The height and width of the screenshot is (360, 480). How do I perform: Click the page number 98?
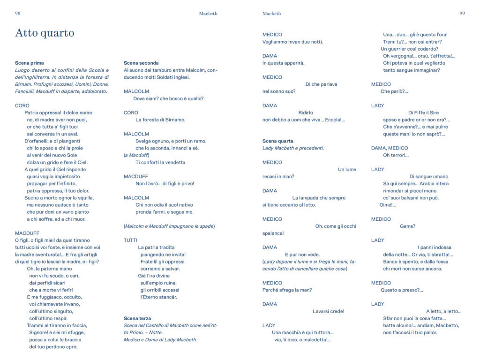18,14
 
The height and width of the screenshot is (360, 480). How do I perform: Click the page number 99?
462,14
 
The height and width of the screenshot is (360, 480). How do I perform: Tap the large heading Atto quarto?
45,33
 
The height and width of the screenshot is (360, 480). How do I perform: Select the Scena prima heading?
30,63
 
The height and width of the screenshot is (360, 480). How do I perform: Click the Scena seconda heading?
141,63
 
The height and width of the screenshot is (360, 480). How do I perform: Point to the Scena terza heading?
138,318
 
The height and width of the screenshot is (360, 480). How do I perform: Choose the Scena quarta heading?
278,141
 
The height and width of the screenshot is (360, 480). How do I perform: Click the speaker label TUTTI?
130,240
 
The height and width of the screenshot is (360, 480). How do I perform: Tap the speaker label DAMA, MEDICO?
390,148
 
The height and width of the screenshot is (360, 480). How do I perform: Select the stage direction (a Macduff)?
136,155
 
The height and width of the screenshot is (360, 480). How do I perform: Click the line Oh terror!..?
396,155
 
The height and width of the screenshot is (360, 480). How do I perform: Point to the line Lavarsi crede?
328,311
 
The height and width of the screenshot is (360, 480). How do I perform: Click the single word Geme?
407,226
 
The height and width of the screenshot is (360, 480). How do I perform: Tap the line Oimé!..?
388,205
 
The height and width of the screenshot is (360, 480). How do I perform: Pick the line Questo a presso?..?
402,290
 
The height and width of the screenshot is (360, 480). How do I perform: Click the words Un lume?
347,169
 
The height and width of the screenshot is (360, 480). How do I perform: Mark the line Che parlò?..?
394,91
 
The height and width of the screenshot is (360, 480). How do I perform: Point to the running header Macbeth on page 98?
208,14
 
